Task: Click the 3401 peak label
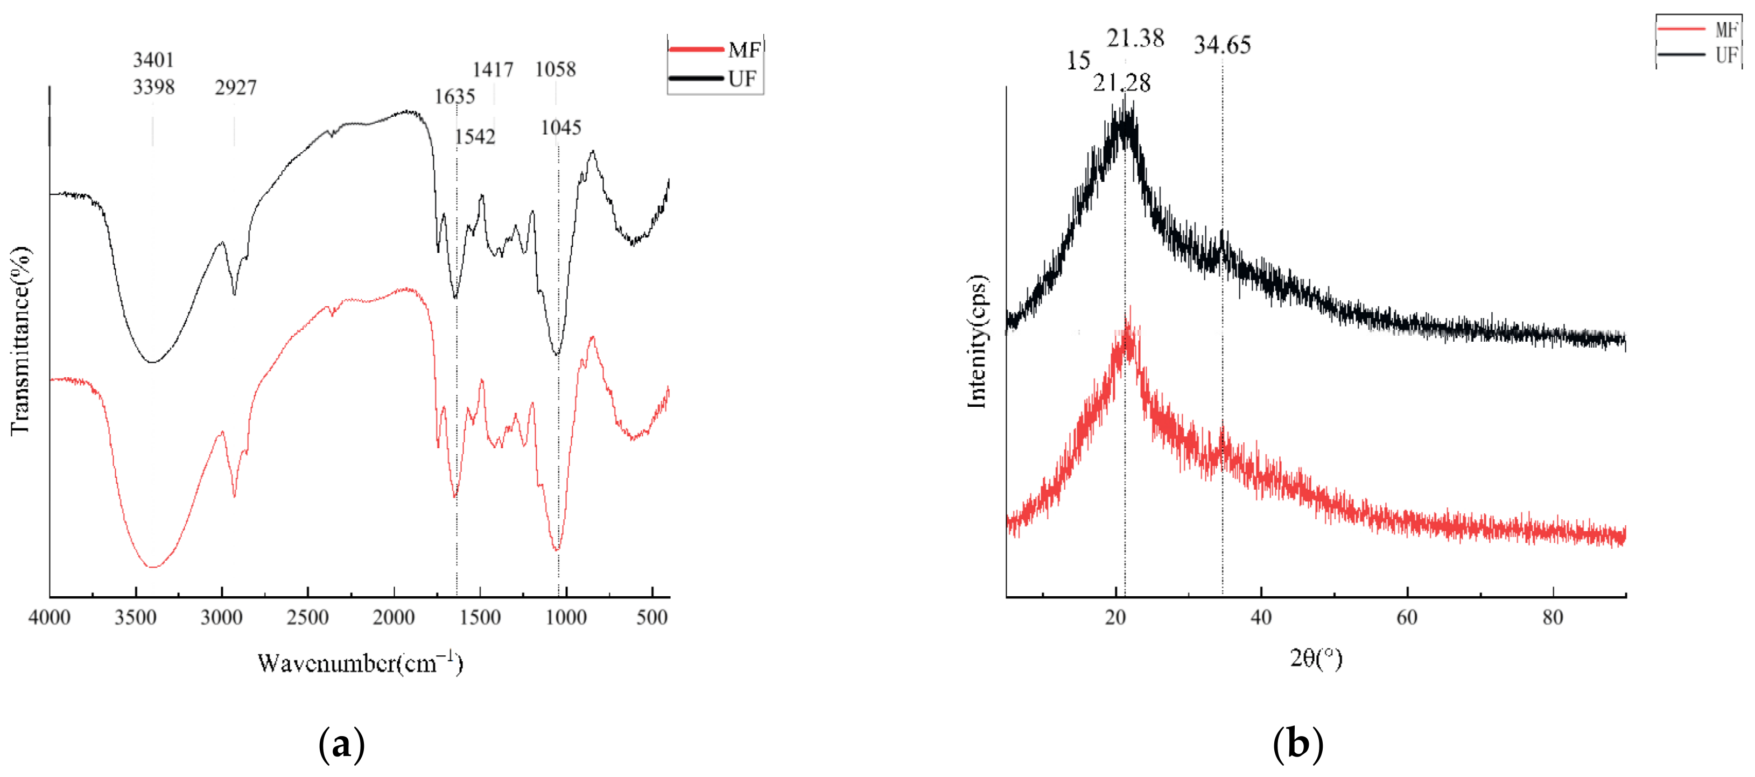(x=153, y=60)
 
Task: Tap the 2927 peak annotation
(x=236, y=87)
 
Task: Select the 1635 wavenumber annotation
(x=454, y=97)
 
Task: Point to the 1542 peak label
(x=475, y=137)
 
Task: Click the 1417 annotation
(x=493, y=69)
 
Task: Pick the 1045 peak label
(x=561, y=128)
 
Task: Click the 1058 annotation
(x=555, y=69)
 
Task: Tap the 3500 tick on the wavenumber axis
(x=136, y=618)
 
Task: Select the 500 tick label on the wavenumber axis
(x=652, y=618)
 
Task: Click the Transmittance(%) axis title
(x=20, y=341)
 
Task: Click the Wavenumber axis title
(x=360, y=662)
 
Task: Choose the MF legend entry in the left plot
(x=715, y=50)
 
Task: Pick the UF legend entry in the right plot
(x=1699, y=54)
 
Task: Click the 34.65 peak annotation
(x=1222, y=45)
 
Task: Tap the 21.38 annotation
(x=1135, y=38)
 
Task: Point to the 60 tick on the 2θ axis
(x=1407, y=618)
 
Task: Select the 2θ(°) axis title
(x=1316, y=658)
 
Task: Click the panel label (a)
(x=341, y=744)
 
